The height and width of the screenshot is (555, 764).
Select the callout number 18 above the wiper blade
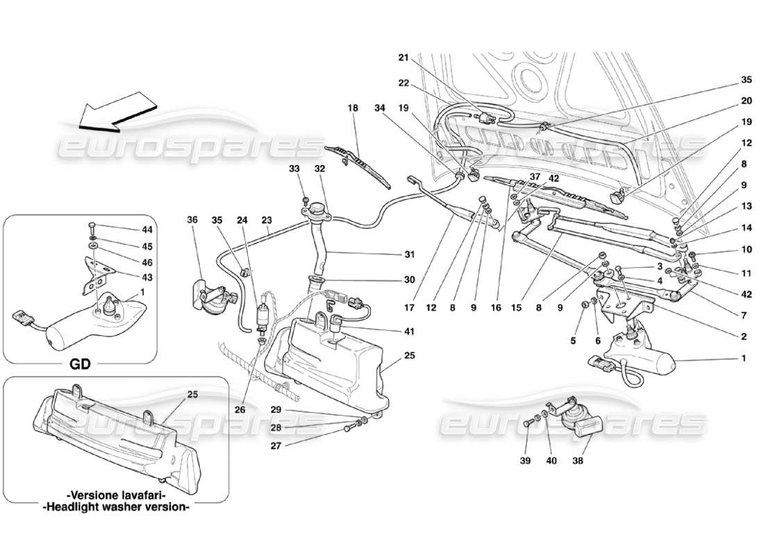pyautogui.click(x=354, y=108)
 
